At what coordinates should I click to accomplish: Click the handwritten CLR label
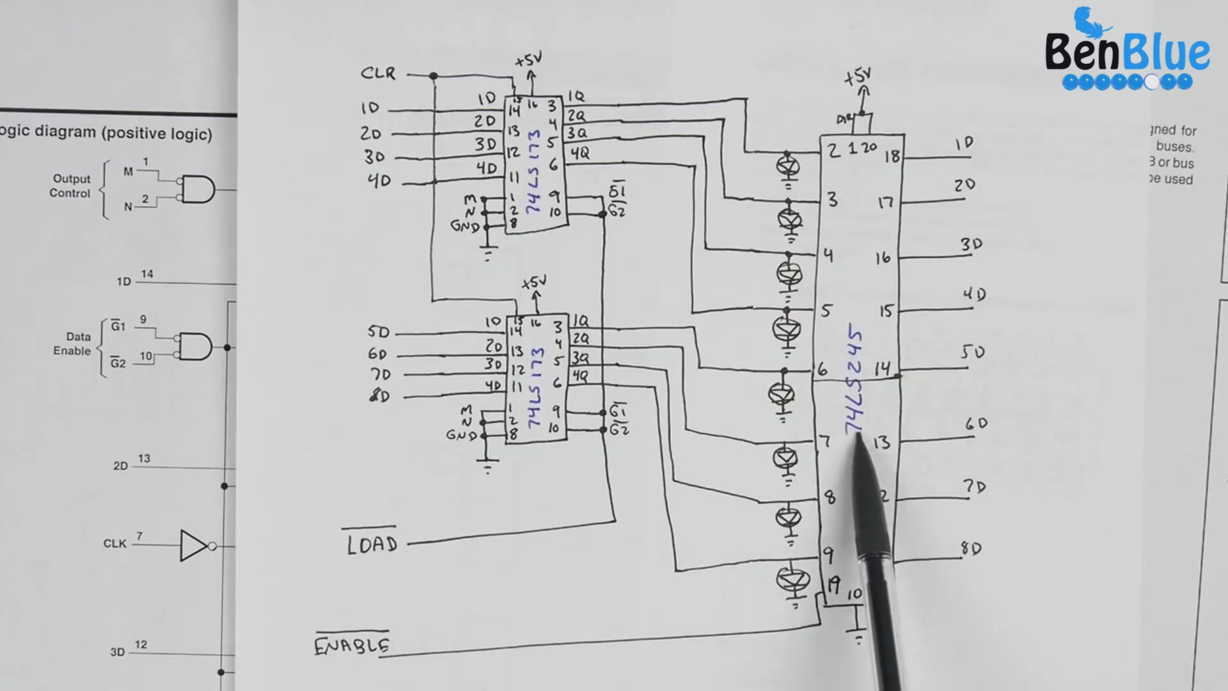tap(378, 73)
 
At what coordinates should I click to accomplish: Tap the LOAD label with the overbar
tap(372, 544)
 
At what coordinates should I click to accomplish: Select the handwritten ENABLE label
tap(352, 645)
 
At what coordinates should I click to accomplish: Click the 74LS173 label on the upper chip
tap(533, 171)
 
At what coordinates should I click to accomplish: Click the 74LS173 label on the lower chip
tap(535, 388)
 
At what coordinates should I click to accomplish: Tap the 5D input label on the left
tap(378, 332)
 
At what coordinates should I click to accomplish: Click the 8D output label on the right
tap(971, 548)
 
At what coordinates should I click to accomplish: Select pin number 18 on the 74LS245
tap(892, 156)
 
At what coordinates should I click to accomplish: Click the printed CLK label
tap(115, 544)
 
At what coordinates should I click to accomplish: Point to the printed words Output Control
tap(70, 186)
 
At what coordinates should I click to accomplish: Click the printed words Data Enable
tap(72, 344)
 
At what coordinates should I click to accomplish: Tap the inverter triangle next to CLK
tap(194, 546)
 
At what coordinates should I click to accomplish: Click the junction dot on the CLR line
tap(434, 76)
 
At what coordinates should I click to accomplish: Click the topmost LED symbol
tap(787, 166)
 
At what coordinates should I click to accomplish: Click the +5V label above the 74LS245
tap(858, 77)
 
